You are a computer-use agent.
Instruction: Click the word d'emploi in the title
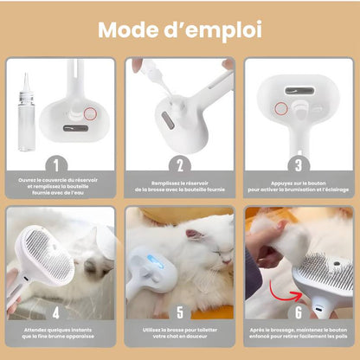[x=213, y=31]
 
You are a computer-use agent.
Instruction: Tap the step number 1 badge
[x=56, y=165]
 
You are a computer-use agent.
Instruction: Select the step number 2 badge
[x=180, y=165]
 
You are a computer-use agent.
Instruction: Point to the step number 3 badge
[x=299, y=165]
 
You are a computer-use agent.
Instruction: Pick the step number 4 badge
[x=56, y=312]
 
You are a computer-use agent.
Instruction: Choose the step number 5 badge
[x=180, y=312]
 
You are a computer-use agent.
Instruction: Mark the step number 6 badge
[x=299, y=312]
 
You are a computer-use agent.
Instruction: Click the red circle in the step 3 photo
[x=281, y=108]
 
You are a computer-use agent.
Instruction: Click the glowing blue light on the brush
[x=155, y=261]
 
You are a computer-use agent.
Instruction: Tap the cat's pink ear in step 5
[x=193, y=235]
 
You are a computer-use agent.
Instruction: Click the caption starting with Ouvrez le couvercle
[x=58, y=186]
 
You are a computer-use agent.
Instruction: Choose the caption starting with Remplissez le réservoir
[x=180, y=186]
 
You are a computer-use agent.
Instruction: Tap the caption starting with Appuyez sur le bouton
[x=299, y=186]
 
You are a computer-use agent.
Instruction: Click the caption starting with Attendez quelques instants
[x=58, y=333]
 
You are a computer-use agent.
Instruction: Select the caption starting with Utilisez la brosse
[x=180, y=333]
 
